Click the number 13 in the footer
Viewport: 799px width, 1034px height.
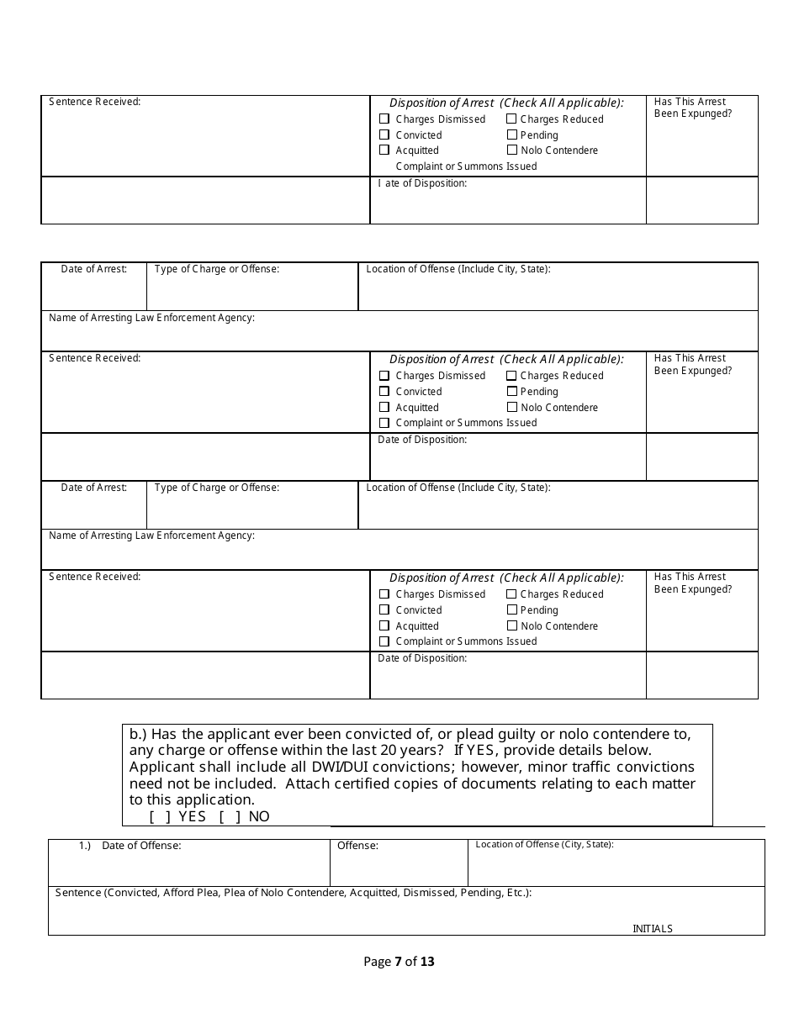(x=426, y=962)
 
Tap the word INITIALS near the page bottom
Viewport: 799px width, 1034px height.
(x=653, y=929)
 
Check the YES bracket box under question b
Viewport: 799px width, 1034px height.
(x=160, y=816)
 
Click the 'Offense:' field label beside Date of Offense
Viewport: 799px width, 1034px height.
(x=357, y=846)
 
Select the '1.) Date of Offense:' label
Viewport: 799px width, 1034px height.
(x=130, y=846)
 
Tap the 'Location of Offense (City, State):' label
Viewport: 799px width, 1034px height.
(x=544, y=844)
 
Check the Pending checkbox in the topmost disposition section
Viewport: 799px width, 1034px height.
(x=512, y=135)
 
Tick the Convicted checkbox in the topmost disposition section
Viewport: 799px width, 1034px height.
(x=384, y=135)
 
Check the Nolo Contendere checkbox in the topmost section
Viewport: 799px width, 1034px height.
(x=512, y=150)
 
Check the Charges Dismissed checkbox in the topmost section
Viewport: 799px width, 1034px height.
(x=384, y=119)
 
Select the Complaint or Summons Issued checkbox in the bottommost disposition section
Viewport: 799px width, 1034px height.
(x=384, y=641)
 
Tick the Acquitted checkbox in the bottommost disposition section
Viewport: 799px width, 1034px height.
(x=384, y=625)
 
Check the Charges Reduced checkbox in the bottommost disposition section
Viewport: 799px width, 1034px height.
(x=512, y=593)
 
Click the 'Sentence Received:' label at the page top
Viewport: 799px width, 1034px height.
(x=94, y=102)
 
